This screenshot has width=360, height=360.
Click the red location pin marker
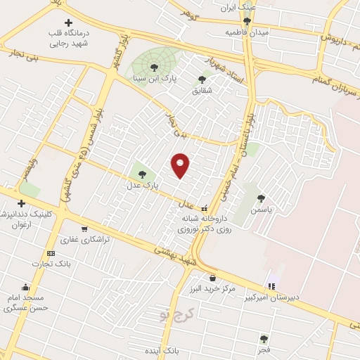(x=181, y=165)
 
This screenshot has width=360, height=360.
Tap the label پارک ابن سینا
(x=154, y=78)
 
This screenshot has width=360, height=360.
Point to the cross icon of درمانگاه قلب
(x=68, y=23)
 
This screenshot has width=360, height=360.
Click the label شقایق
(x=202, y=91)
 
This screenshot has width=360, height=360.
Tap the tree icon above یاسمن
(x=262, y=198)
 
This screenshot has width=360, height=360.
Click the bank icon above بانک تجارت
(x=50, y=253)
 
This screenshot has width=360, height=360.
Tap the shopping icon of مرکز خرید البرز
(x=213, y=278)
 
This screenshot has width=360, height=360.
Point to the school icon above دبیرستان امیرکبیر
(x=271, y=286)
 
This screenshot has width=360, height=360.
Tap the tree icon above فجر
(x=264, y=338)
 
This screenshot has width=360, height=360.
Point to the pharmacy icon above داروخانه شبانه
(x=204, y=208)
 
